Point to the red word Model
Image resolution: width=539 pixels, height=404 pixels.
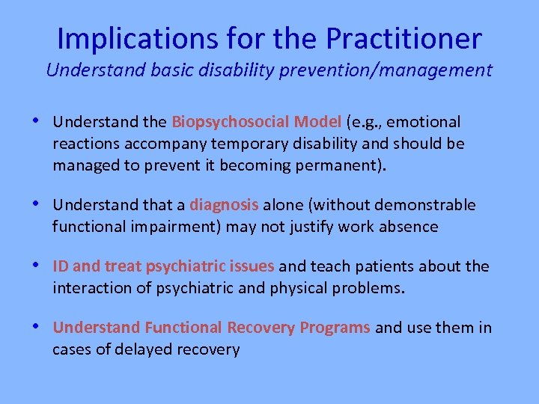coord(314,122)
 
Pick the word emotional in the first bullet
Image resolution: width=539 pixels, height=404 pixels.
coord(427,122)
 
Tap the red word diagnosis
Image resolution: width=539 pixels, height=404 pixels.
coord(224,205)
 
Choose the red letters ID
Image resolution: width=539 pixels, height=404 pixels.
coord(61,266)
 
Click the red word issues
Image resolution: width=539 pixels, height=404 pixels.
coord(252,266)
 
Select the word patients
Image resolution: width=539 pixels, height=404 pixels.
coord(386,266)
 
